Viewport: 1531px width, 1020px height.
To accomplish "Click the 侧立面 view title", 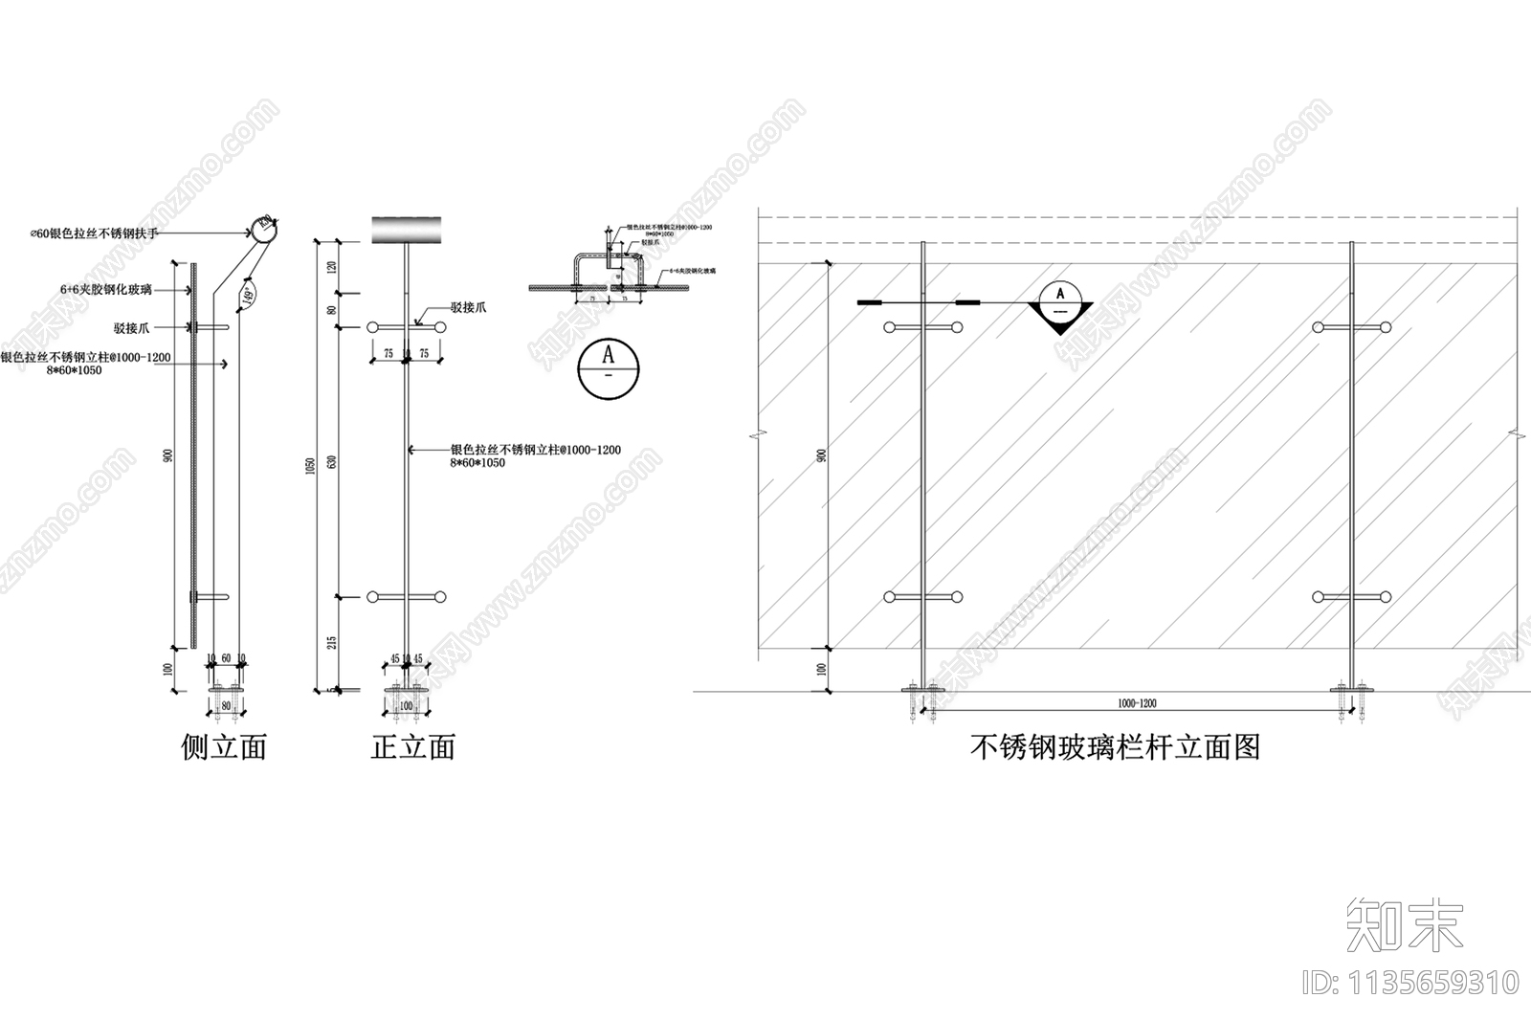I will coord(224,747).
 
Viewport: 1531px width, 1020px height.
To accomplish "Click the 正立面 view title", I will coord(412,747).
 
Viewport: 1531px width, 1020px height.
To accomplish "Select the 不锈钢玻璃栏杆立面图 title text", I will coord(1115,747).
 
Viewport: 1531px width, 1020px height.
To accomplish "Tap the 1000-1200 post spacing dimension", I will coord(1137,703).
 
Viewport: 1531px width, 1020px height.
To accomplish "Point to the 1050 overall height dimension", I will coord(308,465).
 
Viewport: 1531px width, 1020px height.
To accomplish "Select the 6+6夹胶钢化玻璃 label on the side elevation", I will coord(104,289).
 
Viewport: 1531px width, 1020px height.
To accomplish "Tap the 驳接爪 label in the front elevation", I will coord(468,308).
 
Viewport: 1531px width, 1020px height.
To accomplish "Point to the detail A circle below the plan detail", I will coord(609,368).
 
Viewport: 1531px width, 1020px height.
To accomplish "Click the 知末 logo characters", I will coord(1405,925).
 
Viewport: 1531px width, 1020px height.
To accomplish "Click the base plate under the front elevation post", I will coord(408,689).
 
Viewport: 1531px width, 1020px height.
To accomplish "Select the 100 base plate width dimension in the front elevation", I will coord(406,706).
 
